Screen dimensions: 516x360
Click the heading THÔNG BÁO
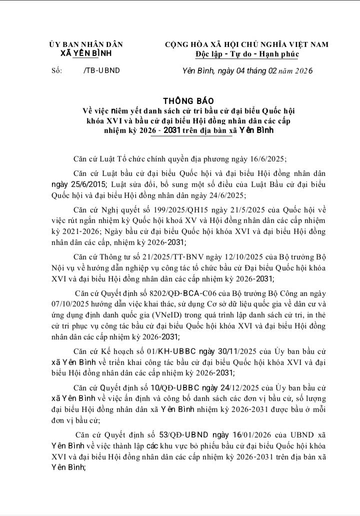pyautogui.click(x=179, y=100)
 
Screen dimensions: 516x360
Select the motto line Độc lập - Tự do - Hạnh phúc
pyautogui.click(x=246, y=53)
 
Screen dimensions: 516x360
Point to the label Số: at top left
pyautogui.click(x=56, y=70)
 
